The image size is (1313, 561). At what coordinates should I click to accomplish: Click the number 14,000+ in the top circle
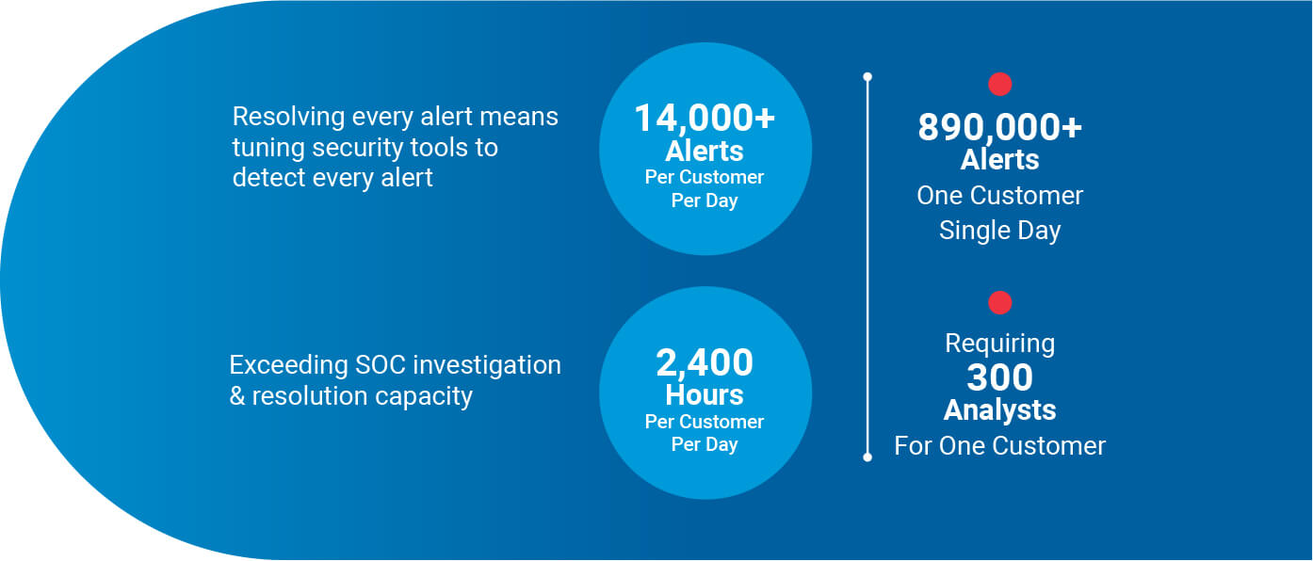[705, 119]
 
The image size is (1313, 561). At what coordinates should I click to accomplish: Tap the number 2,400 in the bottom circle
[705, 362]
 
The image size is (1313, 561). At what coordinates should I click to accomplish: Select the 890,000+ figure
[1000, 128]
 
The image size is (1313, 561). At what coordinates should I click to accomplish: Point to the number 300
[1000, 377]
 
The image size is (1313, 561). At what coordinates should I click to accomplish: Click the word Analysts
[1000, 410]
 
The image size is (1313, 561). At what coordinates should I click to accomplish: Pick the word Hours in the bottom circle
[705, 394]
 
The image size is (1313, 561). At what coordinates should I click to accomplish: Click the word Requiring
[1000, 344]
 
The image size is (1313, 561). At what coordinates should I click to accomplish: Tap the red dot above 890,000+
[1000, 85]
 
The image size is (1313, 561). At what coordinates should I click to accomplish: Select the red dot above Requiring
[1000, 303]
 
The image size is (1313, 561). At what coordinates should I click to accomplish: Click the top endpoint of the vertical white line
[867, 76]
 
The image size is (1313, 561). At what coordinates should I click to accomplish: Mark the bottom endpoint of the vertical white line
[867, 457]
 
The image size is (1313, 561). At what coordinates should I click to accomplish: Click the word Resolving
[288, 117]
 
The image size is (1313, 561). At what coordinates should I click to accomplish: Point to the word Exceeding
[289, 365]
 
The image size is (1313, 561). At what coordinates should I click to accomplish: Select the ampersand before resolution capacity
[237, 396]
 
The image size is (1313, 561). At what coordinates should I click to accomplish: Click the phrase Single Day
[1000, 231]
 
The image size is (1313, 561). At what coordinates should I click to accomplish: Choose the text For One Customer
[1000, 446]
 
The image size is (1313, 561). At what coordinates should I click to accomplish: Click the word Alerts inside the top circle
[705, 152]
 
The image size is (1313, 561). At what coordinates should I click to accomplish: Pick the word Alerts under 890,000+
[1000, 159]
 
